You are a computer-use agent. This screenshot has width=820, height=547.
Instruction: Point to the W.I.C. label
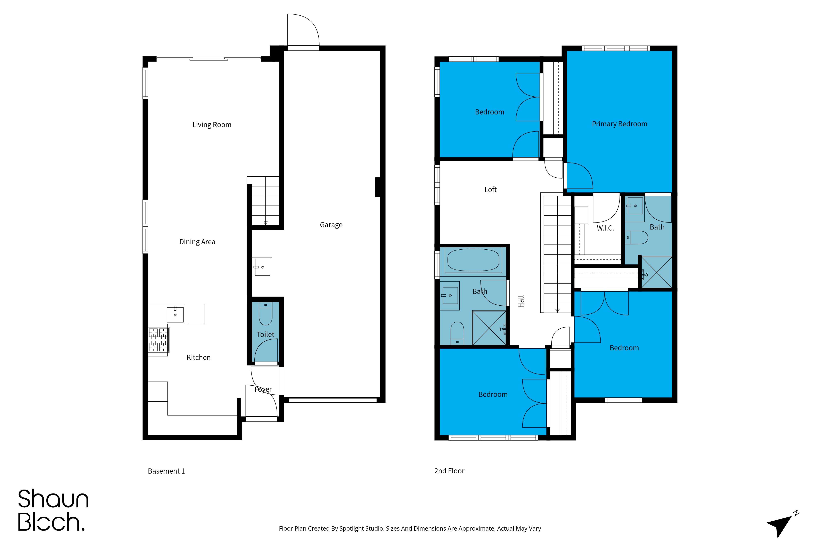(605, 228)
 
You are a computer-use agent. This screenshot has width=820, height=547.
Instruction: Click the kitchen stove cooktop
(159, 340)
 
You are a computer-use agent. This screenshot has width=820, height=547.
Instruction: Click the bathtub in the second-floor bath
(473, 260)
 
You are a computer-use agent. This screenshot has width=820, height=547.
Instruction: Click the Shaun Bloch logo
(53, 510)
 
